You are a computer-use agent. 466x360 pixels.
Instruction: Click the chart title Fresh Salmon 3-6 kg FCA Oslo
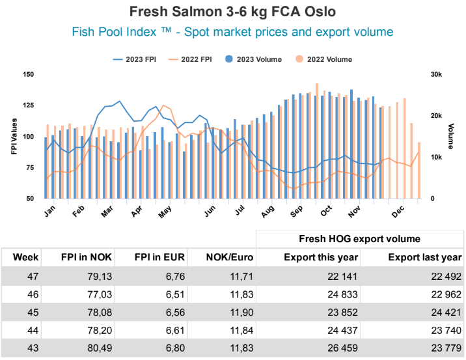pyautogui.click(x=233, y=12)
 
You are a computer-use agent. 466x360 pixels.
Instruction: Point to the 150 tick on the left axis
pyautogui.click(x=27, y=75)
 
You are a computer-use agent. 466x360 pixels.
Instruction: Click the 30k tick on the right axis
pyautogui.click(x=436, y=75)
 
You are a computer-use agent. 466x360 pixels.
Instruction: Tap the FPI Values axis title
pyautogui.click(x=14, y=137)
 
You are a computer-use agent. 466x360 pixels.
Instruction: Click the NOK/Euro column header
pyautogui.click(x=227, y=257)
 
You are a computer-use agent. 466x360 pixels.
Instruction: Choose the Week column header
pyautogui.click(x=25, y=257)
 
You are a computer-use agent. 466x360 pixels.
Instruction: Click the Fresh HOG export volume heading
pyautogui.click(x=359, y=239)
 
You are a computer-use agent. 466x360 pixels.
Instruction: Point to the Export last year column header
pyautogui.click(x=425, y=257)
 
